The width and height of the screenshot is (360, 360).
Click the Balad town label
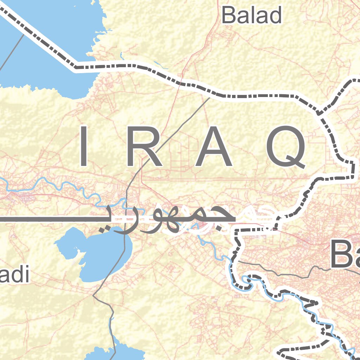coord(252,15)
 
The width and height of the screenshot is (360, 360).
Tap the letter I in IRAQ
coord(83,146)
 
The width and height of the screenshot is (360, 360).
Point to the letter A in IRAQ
coord(214,146)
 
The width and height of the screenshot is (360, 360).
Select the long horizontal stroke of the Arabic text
coord(46,219)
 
